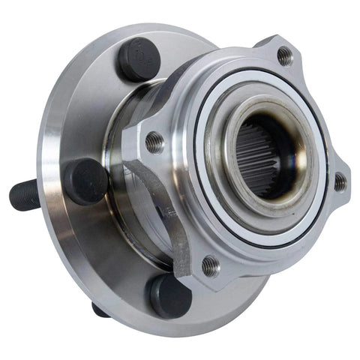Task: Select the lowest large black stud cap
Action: point(168,295)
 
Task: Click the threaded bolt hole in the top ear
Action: point(284,55)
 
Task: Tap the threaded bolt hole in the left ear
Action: point(154,141)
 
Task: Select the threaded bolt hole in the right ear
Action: point(339,181)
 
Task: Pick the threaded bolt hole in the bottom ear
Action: point(211,265)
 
